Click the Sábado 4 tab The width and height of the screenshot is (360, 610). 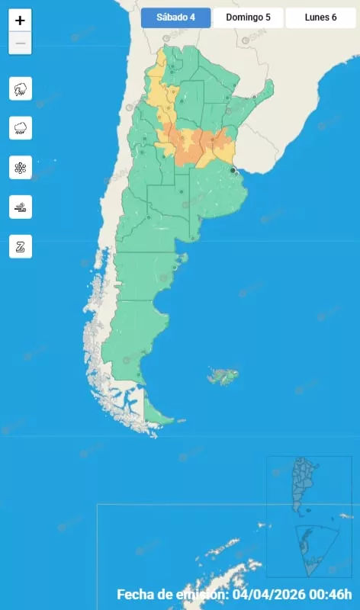[175, 18]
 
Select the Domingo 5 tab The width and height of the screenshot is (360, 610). [248, 18]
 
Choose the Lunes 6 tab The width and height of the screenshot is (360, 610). [320, 18]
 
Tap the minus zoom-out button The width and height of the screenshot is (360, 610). [20, 43]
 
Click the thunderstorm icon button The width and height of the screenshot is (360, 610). [21, 88]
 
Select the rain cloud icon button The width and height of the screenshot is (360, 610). [21, 127]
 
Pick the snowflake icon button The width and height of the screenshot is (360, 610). [21, 167]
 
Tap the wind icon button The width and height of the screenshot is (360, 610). [21, 207]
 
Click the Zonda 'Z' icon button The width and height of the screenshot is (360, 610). [21, 246]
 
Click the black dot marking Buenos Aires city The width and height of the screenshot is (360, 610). [233, 171]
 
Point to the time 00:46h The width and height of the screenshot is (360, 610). [336, 594]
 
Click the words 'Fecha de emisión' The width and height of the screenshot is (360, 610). [172, 594]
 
